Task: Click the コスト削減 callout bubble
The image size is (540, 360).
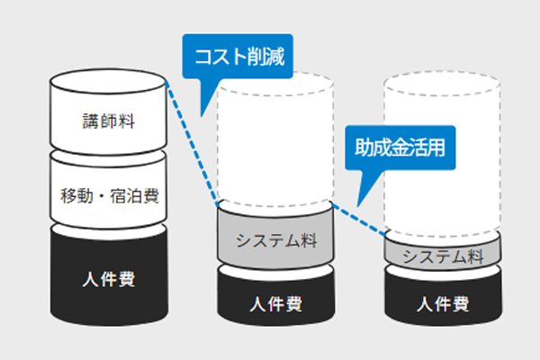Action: (x=237, y=55)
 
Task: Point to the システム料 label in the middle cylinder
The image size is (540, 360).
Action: (x=276, y=241)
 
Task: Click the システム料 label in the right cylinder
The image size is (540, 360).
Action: (x=442, y=256)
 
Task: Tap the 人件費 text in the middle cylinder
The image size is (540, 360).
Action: (x=276, y=302)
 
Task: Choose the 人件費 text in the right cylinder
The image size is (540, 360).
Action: (x=442, y=303)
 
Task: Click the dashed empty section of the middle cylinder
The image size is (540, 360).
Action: (x=276, y=144)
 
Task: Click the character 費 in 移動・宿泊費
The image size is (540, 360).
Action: (x=152, y=194)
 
